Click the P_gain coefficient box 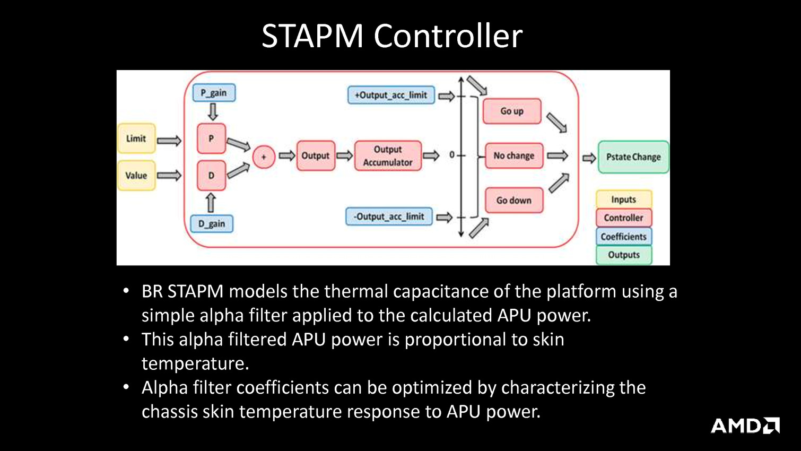pos(214,93)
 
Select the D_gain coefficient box pos(212,223)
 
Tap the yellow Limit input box pos(136,138)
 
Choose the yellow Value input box pos(136,176)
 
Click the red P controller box pos(211,138)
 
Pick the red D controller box pos(211,176)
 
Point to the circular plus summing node pos(264,157)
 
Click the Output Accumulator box pos(388,156)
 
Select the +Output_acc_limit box pos(391,95)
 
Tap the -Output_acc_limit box pos(389,216)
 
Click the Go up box pos(512,111)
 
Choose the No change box pos(513,155)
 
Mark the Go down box pos(513,200)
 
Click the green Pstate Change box pos(633,157)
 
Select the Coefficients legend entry pos(623,237)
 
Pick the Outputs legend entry pos(624,255)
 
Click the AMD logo pos(745,426)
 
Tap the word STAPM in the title pos(312,36)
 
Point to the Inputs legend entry pos(623,200)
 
